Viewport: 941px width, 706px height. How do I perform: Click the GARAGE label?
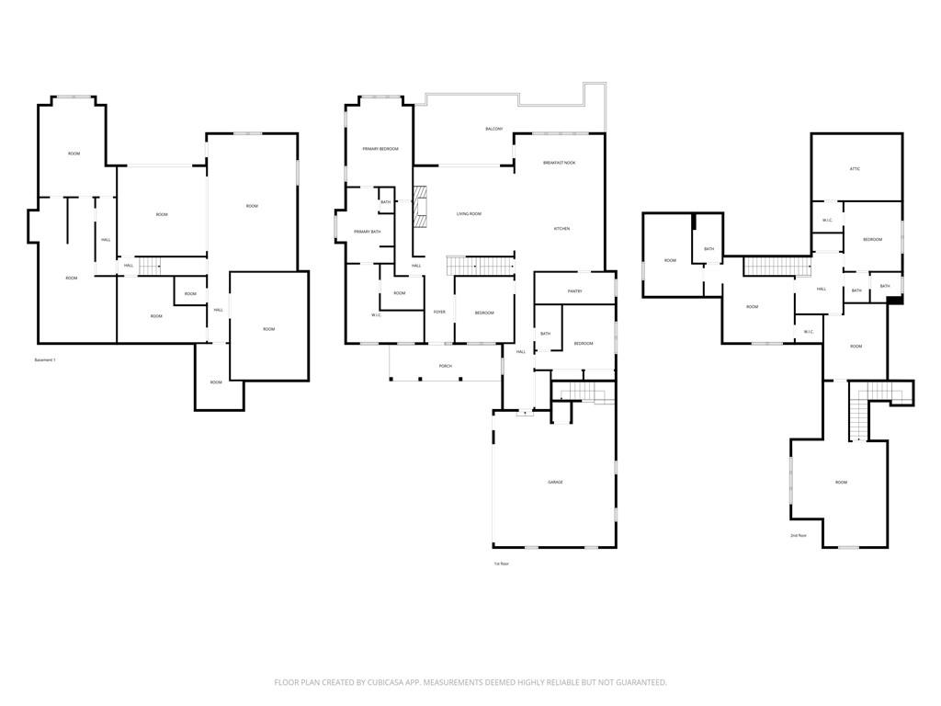tap(555, 483)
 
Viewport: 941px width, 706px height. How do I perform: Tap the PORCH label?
tap(445, 365)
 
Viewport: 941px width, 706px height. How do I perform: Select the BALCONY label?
tap(493, 129)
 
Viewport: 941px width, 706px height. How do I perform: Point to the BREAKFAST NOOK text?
tap(559, 163)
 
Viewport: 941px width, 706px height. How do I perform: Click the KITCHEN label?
tap(561, 228)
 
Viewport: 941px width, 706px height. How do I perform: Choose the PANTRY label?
tap(575, 291)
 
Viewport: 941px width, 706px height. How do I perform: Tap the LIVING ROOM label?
tap(469, 214)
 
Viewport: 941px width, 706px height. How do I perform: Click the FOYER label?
tap(439, 313)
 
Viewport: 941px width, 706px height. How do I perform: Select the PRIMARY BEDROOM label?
tap(380, 149)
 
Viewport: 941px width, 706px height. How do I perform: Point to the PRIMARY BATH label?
tap(368, 232)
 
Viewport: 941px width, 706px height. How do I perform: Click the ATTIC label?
tap(855, 169)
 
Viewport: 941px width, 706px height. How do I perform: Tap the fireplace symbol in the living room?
tap(422, 207)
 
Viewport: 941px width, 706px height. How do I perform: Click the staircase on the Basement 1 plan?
tap(149, 266)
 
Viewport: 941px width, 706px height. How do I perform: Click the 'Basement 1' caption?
tap(45, 359)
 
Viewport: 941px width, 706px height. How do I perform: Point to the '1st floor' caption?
tap(501, 564)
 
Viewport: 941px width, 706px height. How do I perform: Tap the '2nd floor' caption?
tap(798, 535)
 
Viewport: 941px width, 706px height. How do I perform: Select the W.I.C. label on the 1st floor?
tap(377, 315)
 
